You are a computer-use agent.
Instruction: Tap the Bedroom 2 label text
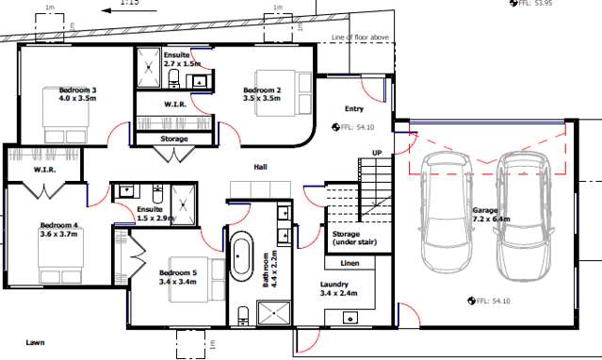pyautogui.click(x=261, y=93)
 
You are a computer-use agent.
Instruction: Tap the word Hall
pyautogui.click(x=261, y=168)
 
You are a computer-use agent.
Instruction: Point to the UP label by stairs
pyautogui.click(x=377, y=153)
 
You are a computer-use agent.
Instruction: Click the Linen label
pyautogui.click(x=350, y=263)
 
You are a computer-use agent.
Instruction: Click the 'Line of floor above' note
pyautogui.click(x=363, y=37)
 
